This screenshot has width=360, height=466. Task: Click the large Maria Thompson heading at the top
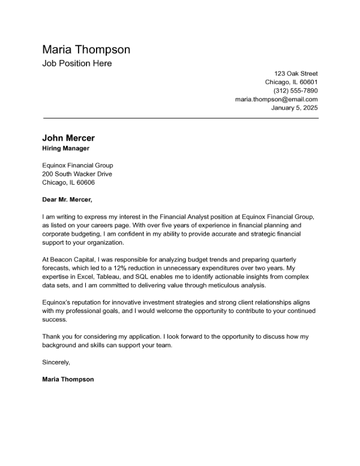pyautogui.click(x=86, y=49)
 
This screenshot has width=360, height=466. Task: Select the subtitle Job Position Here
pyautogui.click(x=77, y=64)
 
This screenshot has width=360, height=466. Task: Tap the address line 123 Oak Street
pyautogui.click(x=296, y=73)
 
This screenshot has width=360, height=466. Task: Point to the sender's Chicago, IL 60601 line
pyautogui.click(x=292, y=82)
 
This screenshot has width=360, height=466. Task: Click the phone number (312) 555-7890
pyautogui.click(x=295, y=91)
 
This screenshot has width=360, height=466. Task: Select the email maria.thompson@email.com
pyautogui.click(x=277, y=100)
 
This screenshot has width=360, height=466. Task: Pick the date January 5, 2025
pyautogui.click(x=295, y=108)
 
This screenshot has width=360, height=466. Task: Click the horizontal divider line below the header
pyautogui.click(x=180, y=118)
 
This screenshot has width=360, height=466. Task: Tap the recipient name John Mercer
pyautogui.click(x=68, y=138)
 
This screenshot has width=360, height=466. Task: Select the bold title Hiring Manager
pyautogui.click(x=66, y=148)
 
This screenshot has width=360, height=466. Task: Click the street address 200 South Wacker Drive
pyautogui.click(x=77, y=174)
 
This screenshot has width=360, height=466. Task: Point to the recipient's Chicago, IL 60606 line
pyautogui.click(x=68, y=183)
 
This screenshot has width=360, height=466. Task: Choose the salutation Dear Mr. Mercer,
pyautogui.click(x=67, y=200)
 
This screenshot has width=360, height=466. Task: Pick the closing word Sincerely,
pyautogui.click(x=56, y=362)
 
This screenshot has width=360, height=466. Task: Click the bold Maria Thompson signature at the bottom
pyautogui.click(x=68, y=379)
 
